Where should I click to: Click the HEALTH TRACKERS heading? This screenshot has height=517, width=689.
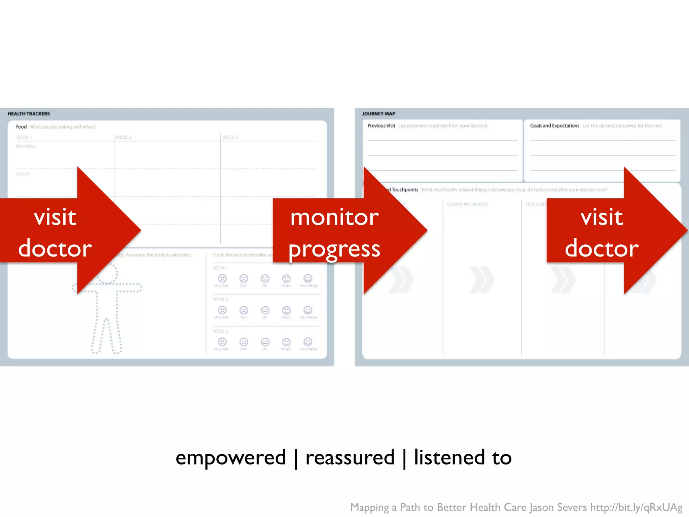tap(29, 114)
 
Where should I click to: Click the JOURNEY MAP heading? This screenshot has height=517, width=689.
tap(378, 114)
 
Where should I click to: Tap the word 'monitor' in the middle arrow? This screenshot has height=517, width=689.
tap(334, 217)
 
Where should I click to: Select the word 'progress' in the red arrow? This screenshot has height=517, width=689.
tap(334, 249)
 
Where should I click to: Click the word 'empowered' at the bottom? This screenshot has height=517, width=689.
tap(230, 458)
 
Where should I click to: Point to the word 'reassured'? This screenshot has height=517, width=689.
tap(350, 458)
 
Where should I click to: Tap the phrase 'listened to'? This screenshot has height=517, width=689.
tap(463, 458)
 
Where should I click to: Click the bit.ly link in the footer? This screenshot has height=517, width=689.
tap(636, 507)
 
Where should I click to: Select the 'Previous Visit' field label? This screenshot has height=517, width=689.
tap(381, 126)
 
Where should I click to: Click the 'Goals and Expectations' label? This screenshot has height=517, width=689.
tap(554, 126)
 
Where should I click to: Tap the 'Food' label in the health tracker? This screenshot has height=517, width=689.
tap(21, 127)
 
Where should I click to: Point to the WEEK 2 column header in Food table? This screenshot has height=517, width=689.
tap(123, 137)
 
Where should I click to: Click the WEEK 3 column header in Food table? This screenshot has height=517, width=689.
tap(230, 137)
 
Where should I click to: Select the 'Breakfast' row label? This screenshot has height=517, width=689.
tap(26, 146)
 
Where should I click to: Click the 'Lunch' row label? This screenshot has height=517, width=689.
tap(23, 174)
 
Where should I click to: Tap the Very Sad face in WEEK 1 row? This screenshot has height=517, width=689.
tap(222, 279)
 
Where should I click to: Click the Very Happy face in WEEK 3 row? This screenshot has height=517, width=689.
tap(308, 342)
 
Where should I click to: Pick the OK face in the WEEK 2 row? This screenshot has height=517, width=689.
tap(265, 310)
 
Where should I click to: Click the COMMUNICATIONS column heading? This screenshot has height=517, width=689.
tap(467, 204)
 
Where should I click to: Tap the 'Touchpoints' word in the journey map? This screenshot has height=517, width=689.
tap(405, 190)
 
